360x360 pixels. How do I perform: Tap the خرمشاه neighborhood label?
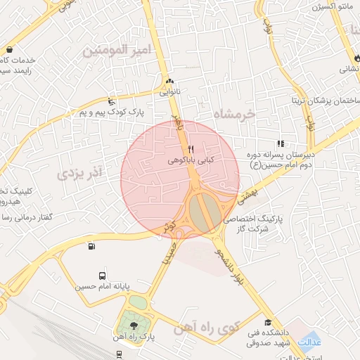[236, 115]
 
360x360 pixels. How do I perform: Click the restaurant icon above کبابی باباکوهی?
[191, 148]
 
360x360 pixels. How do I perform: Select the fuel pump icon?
[91, 246]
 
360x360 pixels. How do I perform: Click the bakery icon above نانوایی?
[169, 80]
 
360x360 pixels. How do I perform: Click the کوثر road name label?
[169, 226]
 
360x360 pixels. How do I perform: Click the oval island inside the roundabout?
[202, 213]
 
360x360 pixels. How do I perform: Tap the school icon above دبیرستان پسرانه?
[281, 143]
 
